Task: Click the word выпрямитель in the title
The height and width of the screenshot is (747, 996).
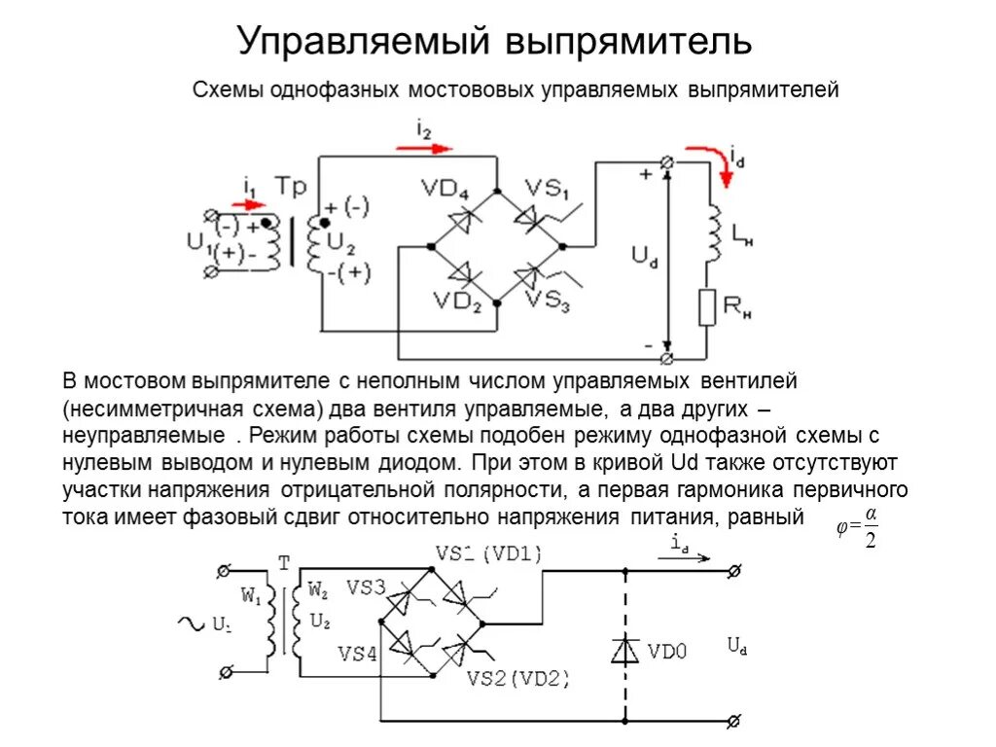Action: point(627,41)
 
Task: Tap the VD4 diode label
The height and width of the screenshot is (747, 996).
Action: point(445,187)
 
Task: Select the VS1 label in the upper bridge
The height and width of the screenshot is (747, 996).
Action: point(549,187)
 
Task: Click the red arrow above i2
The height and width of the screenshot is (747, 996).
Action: point(425,149)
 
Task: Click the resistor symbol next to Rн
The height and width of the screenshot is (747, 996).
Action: point(707,308)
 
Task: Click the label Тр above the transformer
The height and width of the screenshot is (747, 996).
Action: point(291,185)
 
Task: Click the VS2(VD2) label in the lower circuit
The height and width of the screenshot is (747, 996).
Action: point(518,678)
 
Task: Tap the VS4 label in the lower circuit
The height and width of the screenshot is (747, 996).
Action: point(357,654)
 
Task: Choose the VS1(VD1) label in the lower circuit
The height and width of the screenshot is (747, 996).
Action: point(487,553)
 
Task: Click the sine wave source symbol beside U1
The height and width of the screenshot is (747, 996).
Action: point(190,623)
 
